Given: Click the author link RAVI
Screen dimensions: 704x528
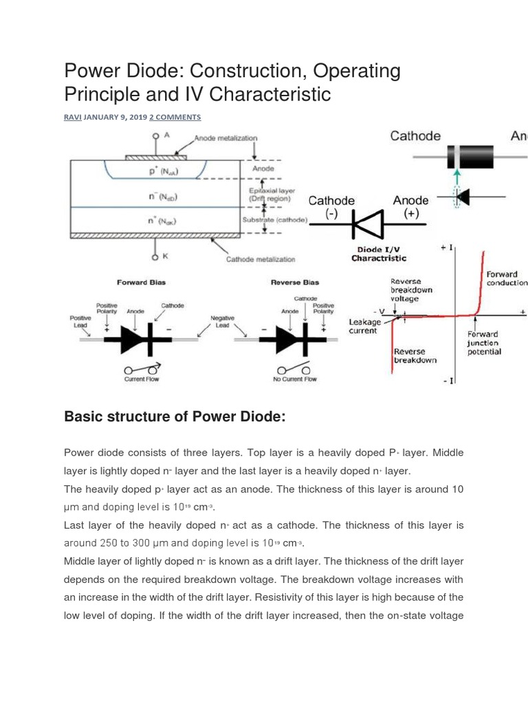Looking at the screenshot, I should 72,117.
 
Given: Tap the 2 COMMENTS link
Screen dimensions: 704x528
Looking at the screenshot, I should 175,117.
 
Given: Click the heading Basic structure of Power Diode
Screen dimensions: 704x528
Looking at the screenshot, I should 174,417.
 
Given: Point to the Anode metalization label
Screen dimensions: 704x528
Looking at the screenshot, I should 225,138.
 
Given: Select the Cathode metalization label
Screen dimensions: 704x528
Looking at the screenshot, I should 261,259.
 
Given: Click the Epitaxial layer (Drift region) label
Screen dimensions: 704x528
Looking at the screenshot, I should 269,195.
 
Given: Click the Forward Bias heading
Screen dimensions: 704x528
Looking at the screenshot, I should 142,282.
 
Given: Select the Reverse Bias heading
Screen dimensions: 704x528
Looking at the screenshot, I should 296,282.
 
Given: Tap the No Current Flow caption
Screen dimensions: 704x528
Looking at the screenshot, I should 295,379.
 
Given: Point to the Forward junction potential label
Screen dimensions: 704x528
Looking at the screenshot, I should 484,343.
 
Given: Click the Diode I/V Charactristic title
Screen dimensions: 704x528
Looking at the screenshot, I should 379,254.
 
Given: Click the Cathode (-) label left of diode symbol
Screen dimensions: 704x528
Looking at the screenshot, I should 331,206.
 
